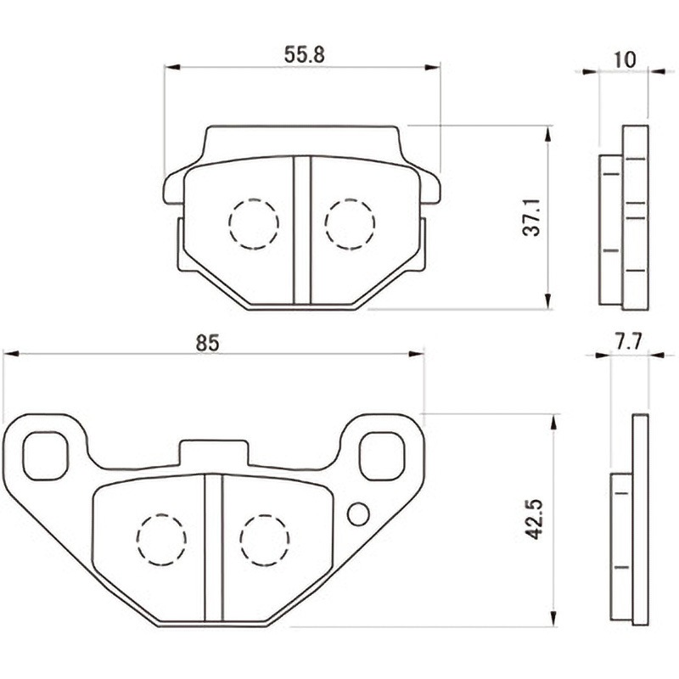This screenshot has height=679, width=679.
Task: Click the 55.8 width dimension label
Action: click(x=304, y=55)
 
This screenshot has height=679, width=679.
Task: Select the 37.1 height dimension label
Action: click(x=532, y=217)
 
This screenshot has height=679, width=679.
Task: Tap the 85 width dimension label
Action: click(x=208, y=343)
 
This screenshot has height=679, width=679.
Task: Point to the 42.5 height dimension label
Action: click(x=534, y=519)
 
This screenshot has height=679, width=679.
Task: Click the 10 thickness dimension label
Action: click(x=625, y=59)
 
